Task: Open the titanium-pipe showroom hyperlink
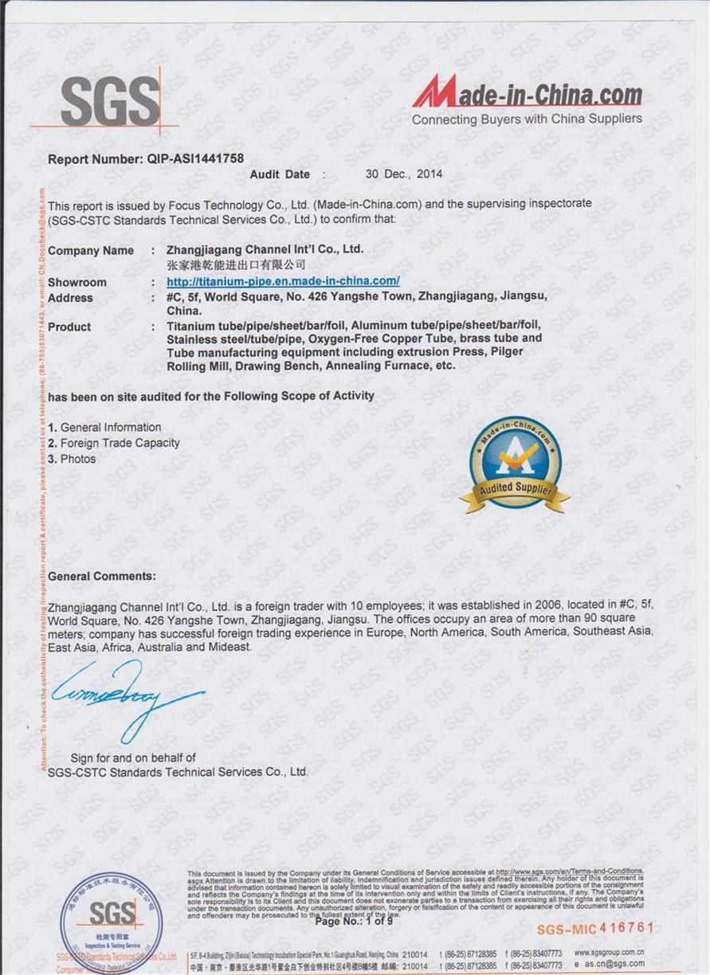(x=283, y=281)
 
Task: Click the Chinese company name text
(x=236, y=264)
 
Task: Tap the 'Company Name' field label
(x=91, y=250)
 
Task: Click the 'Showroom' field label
(x=76, y=282)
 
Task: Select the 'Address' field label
(x=70, y=298)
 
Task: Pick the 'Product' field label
(x=69, y=327)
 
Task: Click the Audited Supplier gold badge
(x=515, y=465)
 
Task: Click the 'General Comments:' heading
(x=102, y=576)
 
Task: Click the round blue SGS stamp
(x=111, y=922)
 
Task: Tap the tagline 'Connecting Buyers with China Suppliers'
(x=526, y=119)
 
